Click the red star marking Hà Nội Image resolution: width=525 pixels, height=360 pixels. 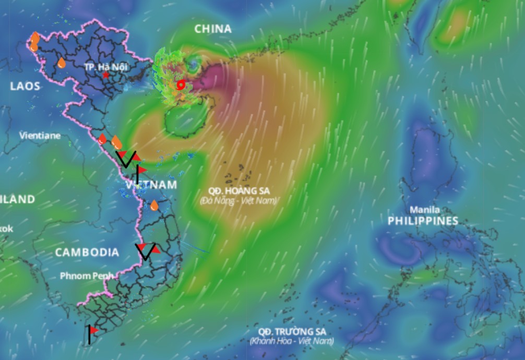click(106, 75)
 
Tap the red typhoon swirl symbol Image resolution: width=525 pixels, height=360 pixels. click(181, 85)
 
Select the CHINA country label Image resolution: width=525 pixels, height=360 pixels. click(213, 29)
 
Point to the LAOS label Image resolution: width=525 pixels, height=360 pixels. click(25, 86)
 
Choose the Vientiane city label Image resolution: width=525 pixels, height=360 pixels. click(40, 136)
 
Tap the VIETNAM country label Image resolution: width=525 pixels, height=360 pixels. click(151, 185)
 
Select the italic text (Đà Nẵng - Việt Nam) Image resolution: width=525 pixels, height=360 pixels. click(239, 200)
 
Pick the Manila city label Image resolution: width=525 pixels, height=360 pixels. click(424, 210)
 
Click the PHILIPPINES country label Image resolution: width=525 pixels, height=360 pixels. click(423, 221)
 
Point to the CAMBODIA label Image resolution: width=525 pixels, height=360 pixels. click(87, 253)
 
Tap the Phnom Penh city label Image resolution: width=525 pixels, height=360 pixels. click(87, 275)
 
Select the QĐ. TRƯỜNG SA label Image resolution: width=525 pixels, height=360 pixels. click(292, 332)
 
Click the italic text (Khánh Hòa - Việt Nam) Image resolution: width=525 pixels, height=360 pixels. click(291, 341)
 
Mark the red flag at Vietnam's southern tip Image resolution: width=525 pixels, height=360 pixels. click(93, 331)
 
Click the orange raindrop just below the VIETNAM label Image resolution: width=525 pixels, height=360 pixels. click(154, 206)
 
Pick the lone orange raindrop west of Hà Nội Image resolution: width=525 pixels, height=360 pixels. click(62, 63)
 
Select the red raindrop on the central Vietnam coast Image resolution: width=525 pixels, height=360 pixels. click(102, 139)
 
